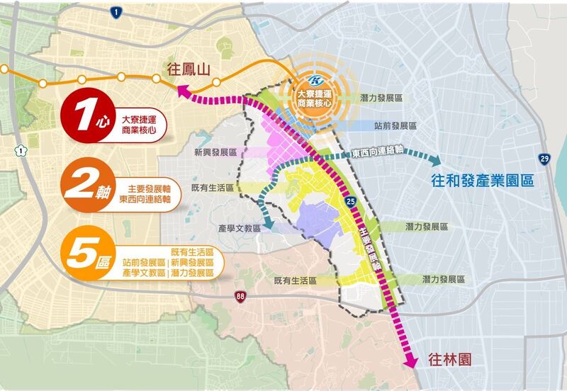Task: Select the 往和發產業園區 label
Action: click(481, 181)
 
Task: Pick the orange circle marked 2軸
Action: click(88, 186)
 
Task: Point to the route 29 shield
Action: click(544, 159)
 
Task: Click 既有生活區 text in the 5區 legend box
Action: click(192, 252)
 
